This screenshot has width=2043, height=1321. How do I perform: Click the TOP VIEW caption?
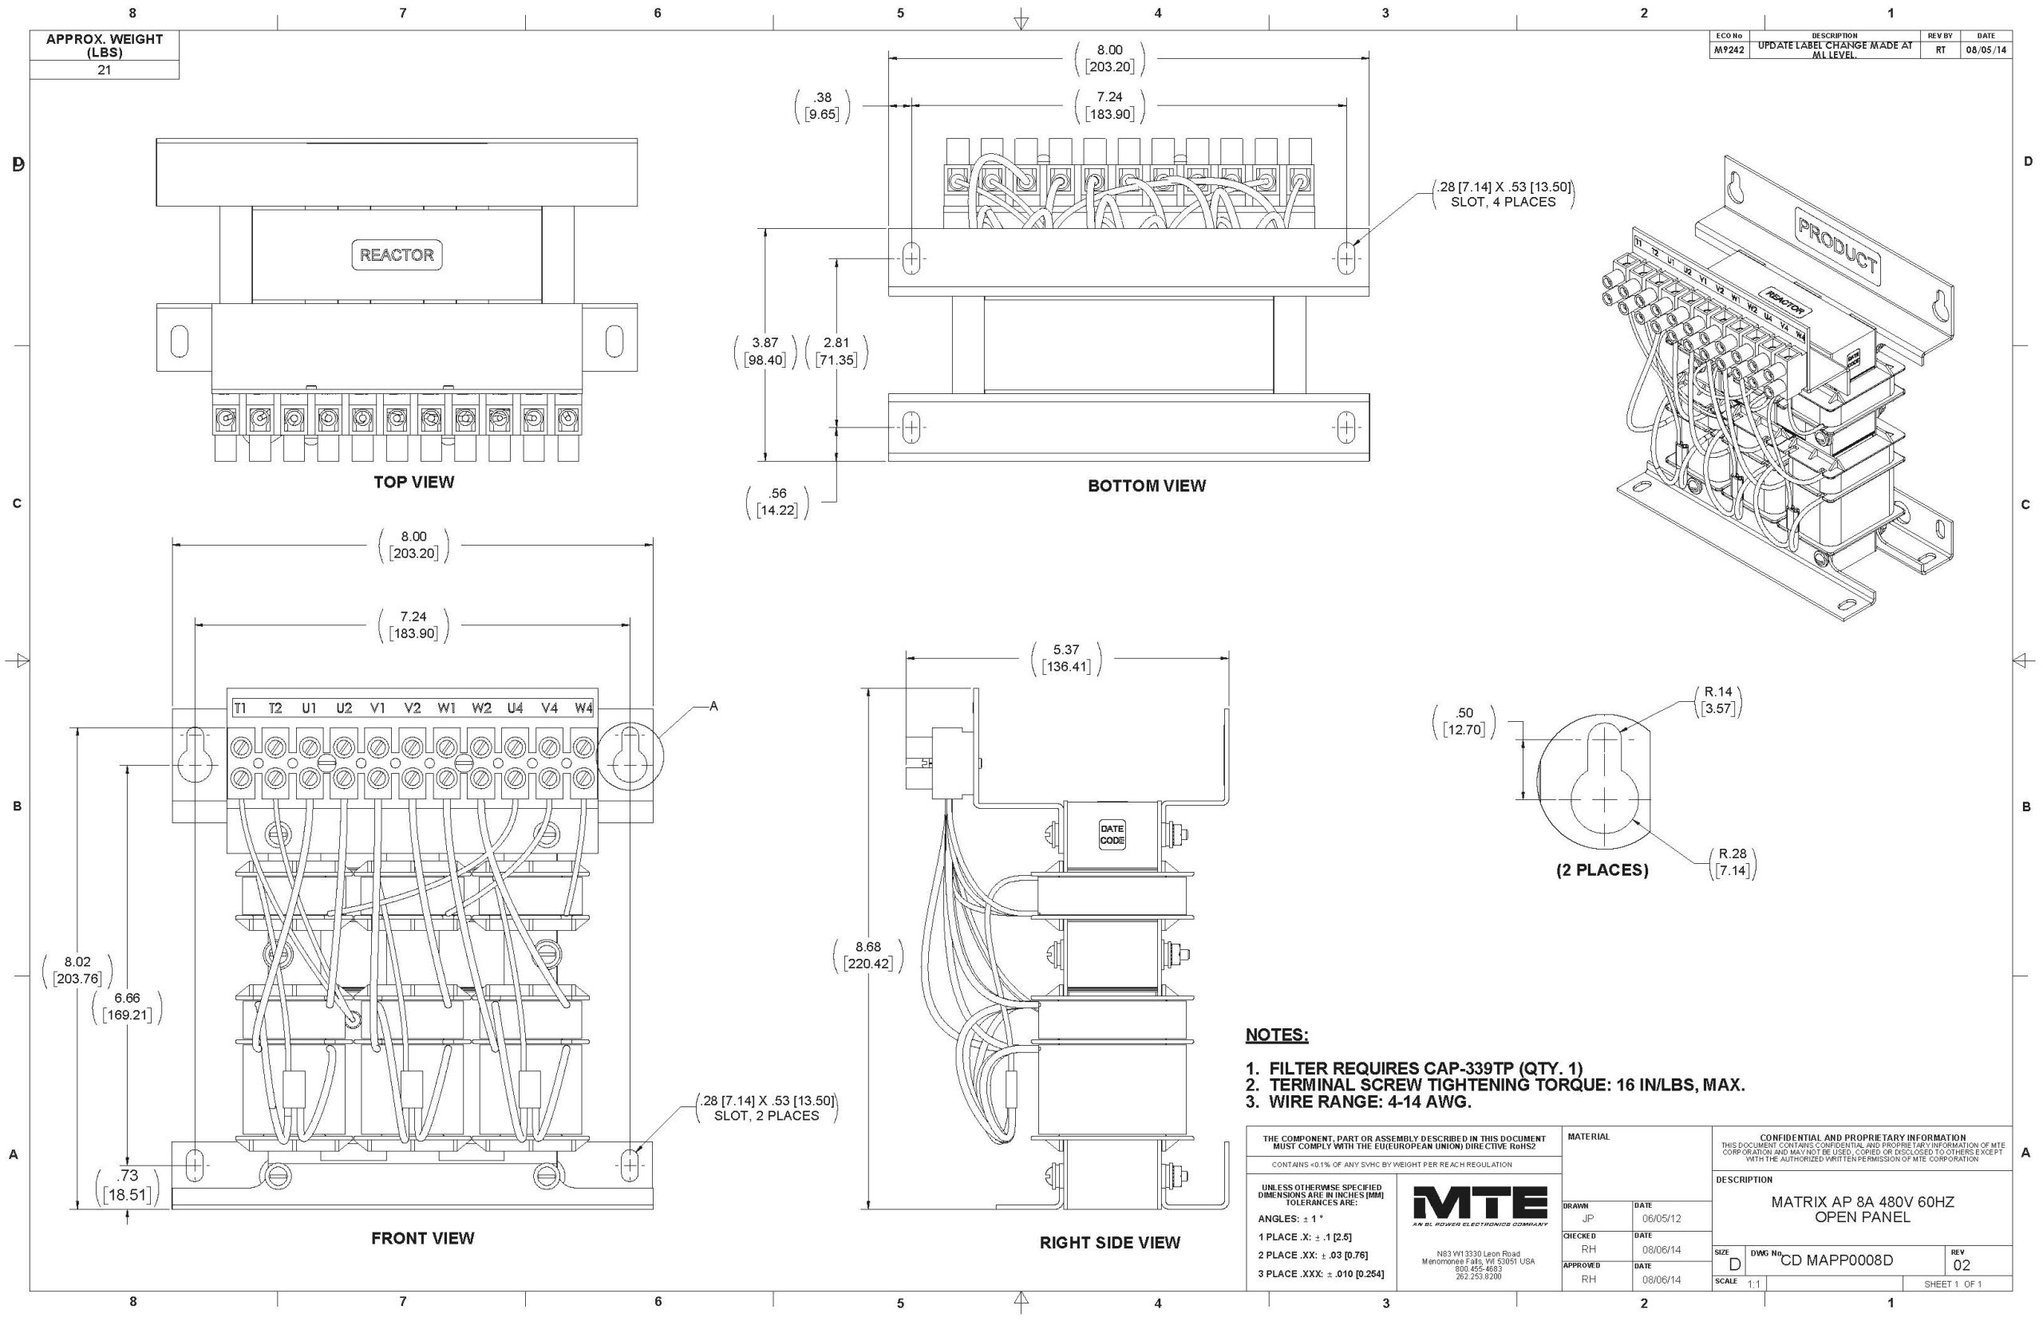click(413, 482)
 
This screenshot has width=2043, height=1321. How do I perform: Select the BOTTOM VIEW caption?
click(1146, 486)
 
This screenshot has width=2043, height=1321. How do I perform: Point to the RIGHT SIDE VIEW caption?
click(1109, 1242)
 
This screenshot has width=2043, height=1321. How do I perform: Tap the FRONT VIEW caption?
click(422, 1238)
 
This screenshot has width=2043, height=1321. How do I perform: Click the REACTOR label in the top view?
click(397, 254)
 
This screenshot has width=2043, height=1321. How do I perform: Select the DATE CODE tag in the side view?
click(1112, 834)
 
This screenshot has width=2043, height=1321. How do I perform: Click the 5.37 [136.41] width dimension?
click(1065, 658)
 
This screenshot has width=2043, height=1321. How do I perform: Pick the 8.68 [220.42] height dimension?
click(867, 956)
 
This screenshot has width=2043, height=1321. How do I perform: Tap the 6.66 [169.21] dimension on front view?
click(127, 1006)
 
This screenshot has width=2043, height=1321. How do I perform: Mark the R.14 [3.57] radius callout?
click(1718, 700)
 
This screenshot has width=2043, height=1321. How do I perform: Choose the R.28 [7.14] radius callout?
click(1733, 862)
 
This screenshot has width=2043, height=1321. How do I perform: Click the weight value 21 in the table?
click(104, 70)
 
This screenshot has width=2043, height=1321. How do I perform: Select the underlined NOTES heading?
click(1276, 1035)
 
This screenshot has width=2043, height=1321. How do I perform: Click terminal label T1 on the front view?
click(240, 708)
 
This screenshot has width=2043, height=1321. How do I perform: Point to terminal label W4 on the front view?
click(583, 708)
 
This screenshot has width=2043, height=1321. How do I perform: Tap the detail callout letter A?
click(713, 706)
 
